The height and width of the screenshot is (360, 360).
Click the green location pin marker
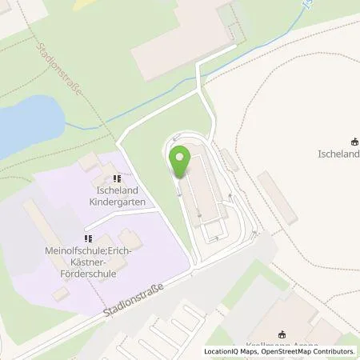coord(181,163)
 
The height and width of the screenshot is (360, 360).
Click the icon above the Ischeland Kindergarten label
coord(117,178)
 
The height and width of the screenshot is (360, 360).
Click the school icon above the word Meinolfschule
coord(88,238)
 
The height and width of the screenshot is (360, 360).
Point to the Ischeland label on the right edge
coord(339,154)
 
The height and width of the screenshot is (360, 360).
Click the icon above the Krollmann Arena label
coord(281,334)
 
